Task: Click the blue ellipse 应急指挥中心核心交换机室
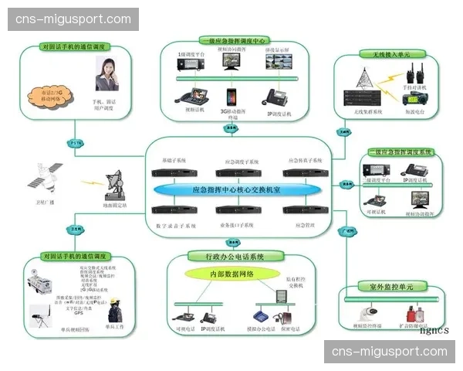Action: (x=236, y=189)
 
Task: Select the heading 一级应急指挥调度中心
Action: (x=234, y=40)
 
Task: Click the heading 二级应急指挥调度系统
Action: (x=400, y=153)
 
